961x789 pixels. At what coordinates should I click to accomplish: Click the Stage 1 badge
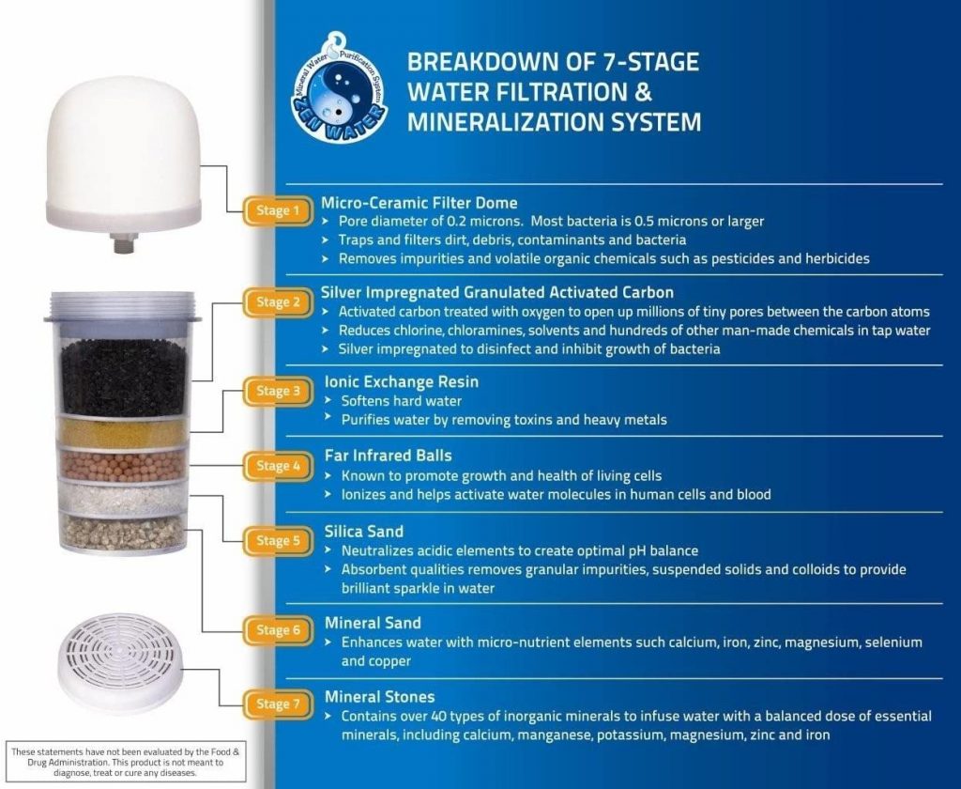tap(273, 210)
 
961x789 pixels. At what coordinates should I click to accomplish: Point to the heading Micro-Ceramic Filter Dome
tap(419, 203)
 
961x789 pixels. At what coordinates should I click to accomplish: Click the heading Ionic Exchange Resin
tap(401, 382)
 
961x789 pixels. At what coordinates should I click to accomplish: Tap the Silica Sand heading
tap(363, 532)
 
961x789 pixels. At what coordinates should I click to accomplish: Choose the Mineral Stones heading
tap(379, 697)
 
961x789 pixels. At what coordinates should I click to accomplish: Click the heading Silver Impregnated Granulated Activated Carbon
tap(497, 292)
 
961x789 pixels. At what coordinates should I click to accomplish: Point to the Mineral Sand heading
tap(373, 623)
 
